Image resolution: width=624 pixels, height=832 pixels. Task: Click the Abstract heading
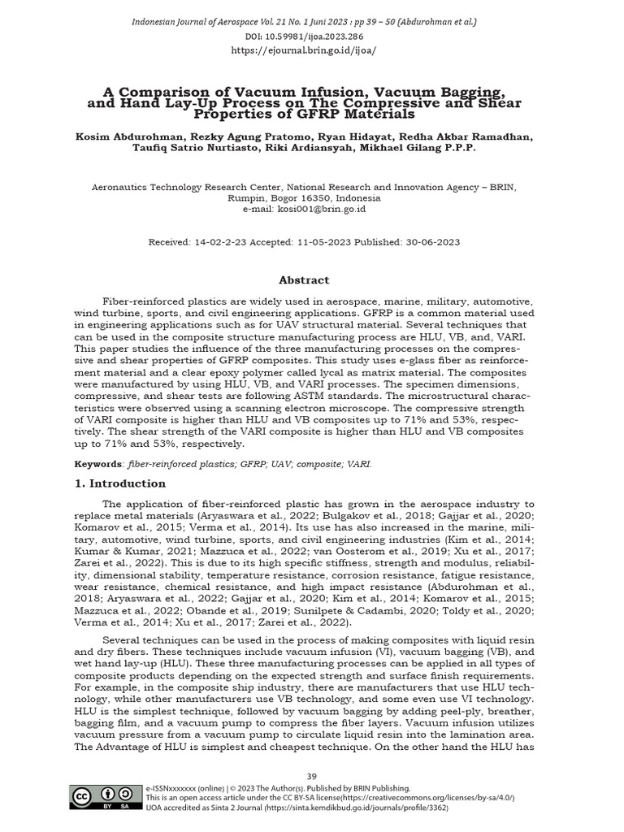pos(304,279)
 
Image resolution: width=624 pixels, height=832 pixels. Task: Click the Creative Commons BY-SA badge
pos(104,799)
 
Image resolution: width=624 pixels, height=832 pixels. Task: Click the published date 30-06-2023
pos(431,242)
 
